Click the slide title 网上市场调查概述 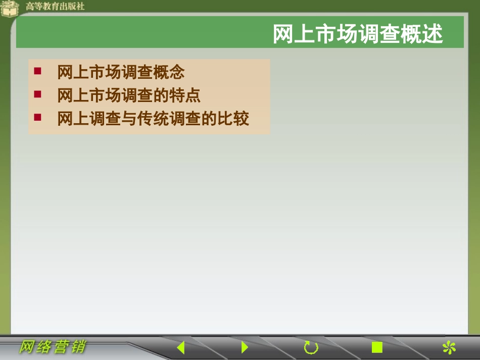tap(357, 34)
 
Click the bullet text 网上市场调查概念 tap(121, 72)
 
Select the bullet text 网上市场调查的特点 tap(129, 95)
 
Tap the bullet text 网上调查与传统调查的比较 tap(153, 119)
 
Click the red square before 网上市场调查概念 tap(37, 71)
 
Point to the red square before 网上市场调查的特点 tap(37, 94)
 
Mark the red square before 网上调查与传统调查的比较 tap(37, 118)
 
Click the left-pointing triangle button tap(180, 347)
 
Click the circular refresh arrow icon tap(311, 347)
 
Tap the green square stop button tap(377, 347)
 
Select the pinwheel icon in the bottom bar tap(449, 347)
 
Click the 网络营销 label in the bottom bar tap(53, 347)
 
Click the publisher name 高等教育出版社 tap(55, 7)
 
